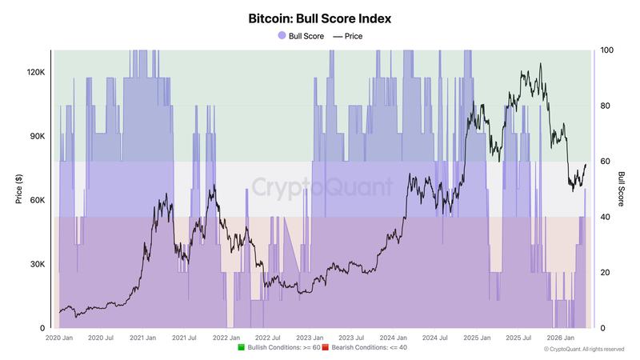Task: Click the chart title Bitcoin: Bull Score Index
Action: (320, 17)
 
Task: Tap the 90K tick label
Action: (37, 136)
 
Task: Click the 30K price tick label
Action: (37, 264)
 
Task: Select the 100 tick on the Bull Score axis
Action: (606, 50)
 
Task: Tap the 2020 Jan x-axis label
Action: (59, 338)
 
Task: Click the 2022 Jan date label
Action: (226, 338)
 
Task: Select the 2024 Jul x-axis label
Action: (435, 338)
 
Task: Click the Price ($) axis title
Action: (18, 189)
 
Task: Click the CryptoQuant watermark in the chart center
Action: (322, 187)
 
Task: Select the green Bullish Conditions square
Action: (241, 348)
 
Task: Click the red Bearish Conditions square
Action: (325, 348)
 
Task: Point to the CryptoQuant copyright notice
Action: (584, 350)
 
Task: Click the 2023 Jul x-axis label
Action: (352, 338)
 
